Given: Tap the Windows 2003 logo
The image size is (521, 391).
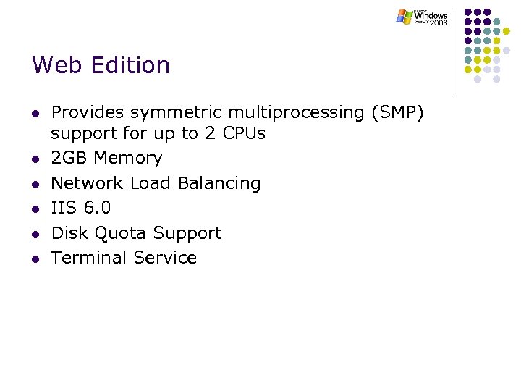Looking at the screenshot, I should point(422,17).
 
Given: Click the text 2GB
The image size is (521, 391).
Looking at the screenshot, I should point(69,159).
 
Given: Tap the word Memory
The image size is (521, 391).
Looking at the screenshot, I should point(128,159).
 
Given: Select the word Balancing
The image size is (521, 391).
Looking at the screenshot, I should point(219,183).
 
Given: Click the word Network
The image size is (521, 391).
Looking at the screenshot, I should point(88,183).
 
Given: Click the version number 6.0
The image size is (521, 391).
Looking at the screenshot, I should point(97,209).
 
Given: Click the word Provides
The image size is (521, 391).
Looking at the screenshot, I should point(85,113).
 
